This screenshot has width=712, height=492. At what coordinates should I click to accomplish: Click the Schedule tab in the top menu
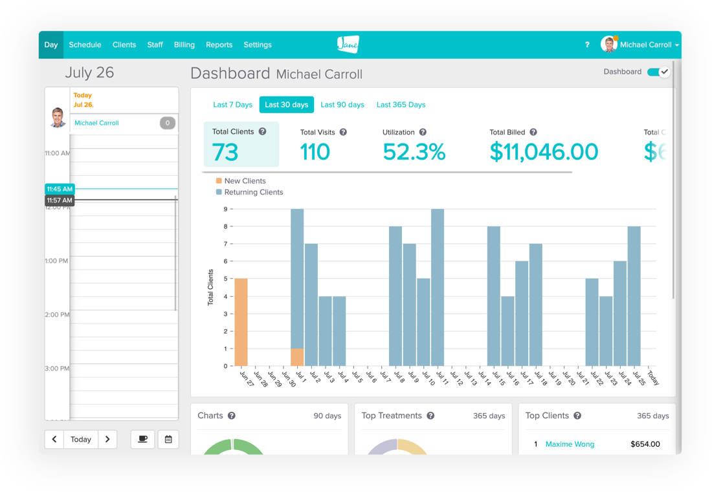85,45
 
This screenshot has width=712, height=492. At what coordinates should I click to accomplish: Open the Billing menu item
184,45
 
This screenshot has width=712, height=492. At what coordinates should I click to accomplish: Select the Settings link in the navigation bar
258,45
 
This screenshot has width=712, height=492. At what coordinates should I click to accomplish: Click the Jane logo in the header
348,45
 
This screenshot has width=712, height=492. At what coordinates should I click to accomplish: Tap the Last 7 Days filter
232,105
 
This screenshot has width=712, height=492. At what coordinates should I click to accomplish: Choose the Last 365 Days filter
401,105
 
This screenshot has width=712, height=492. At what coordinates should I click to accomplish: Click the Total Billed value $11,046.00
544,152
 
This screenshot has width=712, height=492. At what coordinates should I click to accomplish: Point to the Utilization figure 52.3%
414,152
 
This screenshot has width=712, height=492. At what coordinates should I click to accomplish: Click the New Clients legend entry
244,181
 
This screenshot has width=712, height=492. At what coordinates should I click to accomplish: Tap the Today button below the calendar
81,439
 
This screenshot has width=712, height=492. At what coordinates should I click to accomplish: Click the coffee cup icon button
142,439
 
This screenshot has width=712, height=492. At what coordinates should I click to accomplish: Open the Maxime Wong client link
570,444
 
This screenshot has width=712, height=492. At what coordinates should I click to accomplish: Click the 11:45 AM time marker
60,189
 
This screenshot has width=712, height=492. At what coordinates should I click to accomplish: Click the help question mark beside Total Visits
343,132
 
